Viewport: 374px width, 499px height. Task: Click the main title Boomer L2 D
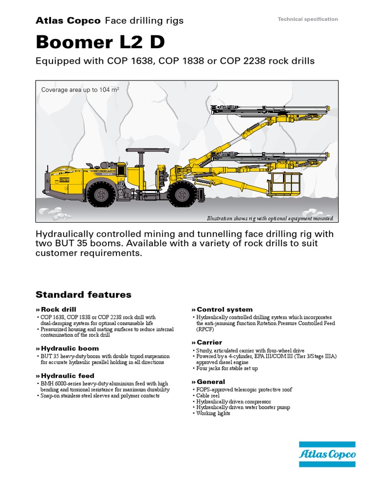pos(100,42)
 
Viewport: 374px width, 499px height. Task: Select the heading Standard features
pos(84,294)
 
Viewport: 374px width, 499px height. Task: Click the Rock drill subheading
pos(58,309)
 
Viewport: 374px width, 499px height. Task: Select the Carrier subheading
pos(209,343)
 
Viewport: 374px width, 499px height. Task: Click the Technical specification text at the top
pos(307,19)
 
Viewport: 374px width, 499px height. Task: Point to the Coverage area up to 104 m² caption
pos(80,90)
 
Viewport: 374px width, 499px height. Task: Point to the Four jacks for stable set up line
pos(227,368)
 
